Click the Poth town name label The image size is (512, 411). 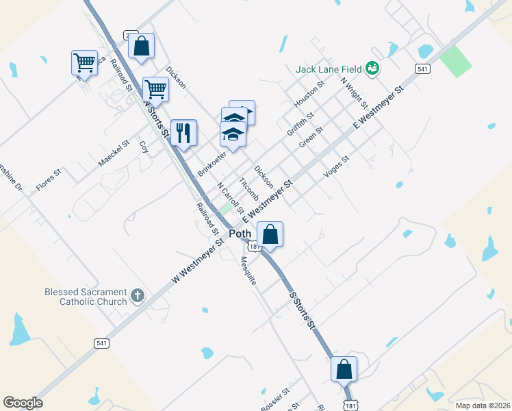tap(240, 234)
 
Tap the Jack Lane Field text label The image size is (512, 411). tap(329, 68)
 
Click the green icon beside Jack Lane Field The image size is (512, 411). tap(372, 68)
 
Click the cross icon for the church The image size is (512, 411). tap(137, 296)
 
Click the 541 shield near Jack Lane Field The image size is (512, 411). tap(422, 68)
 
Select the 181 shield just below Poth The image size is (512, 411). tap(255, 247)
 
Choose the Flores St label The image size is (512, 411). tap(49, 179)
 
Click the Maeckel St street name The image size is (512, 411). tap(114, 153)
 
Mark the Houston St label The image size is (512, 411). tap(308, 93)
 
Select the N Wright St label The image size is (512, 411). tap(355, 90)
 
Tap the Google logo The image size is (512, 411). tap(23, 403)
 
